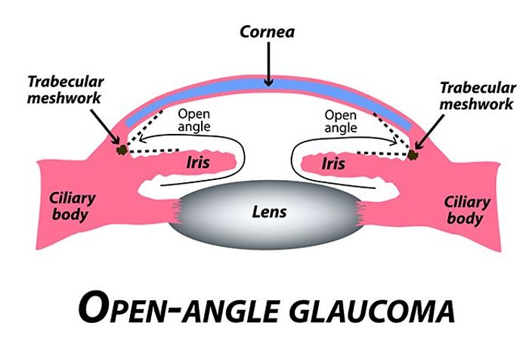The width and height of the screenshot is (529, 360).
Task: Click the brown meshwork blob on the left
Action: coord(119,149)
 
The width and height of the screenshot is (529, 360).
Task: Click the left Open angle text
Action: coord(193,122)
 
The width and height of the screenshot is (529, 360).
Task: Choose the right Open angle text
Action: coord(341,122)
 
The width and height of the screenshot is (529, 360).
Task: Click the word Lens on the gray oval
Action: coord(269,212)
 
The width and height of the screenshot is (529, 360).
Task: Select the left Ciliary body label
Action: coord(73,206)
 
